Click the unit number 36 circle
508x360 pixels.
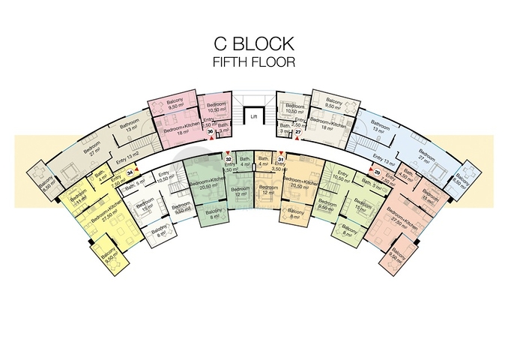[x=211, y=132]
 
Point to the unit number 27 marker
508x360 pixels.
[x=297, y=132]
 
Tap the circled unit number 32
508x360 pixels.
[x=228, y=159]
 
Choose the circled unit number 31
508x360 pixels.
[x=280, y=159]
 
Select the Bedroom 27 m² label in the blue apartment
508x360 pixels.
[x=425, y=158]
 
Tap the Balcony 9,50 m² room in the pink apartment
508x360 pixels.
[x=176, y=105]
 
